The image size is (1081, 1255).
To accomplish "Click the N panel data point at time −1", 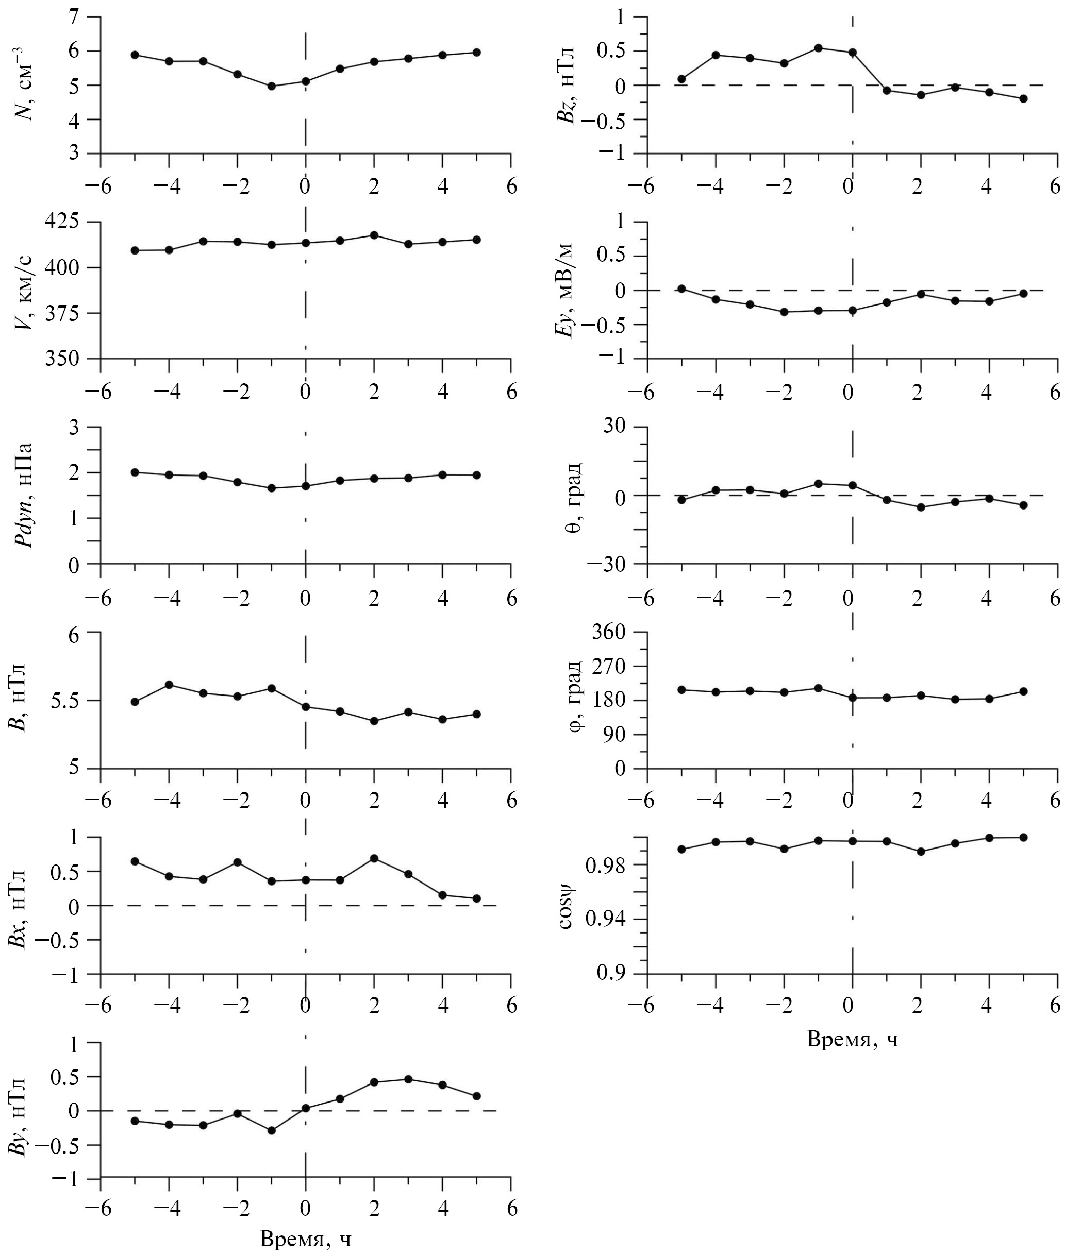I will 272,87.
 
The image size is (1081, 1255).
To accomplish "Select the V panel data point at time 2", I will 374,235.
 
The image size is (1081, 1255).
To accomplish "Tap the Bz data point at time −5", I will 681,79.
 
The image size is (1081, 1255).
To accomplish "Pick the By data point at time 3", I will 408,1079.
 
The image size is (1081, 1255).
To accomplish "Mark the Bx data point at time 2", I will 374,858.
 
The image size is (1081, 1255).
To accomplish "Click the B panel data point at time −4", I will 170,685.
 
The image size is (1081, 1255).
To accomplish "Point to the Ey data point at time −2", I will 784,312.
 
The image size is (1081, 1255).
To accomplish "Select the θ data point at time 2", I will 921,507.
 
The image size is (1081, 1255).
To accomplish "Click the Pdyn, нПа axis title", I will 25,496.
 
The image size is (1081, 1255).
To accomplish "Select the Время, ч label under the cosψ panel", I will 852,1039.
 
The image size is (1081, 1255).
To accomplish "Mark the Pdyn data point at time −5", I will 135,472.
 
